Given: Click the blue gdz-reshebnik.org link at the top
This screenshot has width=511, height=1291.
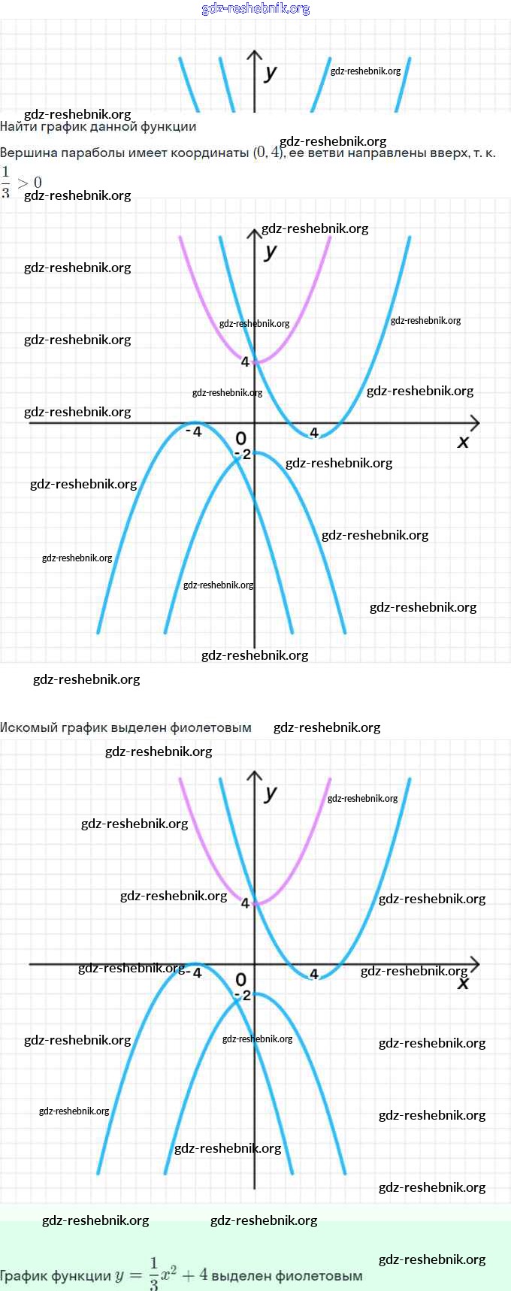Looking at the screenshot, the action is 255,8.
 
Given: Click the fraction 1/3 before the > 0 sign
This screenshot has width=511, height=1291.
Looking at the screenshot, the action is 6,182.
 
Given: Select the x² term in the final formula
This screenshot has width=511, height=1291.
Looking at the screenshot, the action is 169,1274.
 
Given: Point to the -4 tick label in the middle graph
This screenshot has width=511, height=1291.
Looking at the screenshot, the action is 194,432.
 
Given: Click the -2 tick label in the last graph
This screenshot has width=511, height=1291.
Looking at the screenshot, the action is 242,996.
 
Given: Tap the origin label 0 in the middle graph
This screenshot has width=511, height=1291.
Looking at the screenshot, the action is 240,438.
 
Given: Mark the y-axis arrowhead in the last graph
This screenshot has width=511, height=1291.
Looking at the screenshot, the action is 255,775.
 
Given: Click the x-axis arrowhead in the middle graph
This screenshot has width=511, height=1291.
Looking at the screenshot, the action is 474,423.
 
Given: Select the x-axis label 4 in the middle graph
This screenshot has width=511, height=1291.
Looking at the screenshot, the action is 314,433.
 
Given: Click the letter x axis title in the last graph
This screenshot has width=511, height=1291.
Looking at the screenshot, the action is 463,984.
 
